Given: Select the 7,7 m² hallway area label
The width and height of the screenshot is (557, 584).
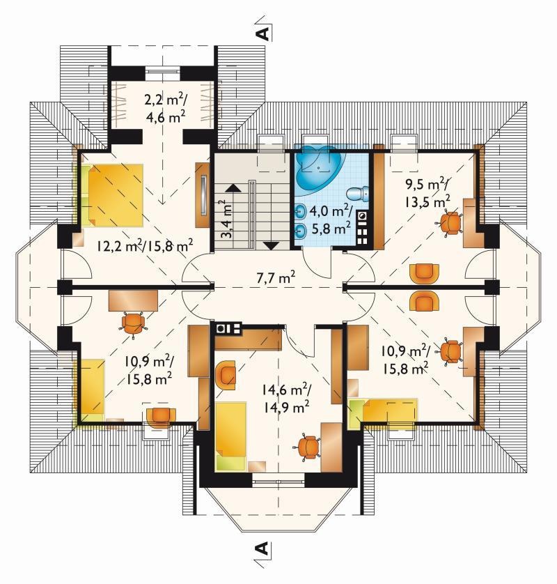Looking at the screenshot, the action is coord(276,277).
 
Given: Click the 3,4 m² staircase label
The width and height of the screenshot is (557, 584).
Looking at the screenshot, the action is coord(226,219).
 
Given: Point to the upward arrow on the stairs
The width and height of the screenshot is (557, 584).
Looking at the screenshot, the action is coord(233,187).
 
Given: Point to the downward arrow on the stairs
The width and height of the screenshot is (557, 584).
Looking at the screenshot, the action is coord(271,245).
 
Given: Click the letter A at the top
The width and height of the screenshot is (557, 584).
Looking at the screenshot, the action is coord(263,33).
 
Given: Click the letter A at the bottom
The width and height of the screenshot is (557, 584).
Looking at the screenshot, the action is coord(262,548).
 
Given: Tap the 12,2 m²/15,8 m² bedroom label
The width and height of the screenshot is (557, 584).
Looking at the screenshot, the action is coord(145,246).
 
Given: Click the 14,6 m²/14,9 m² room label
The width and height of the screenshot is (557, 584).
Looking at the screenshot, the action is coord(285,399).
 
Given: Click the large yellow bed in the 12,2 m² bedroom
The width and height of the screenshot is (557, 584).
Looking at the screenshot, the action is coord(116,195).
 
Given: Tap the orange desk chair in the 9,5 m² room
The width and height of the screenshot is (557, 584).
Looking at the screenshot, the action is coord(449,222).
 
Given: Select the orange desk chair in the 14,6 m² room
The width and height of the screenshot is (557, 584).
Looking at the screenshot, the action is coord(308,447).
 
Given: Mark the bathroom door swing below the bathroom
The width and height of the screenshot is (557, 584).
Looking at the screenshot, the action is coord(317,263).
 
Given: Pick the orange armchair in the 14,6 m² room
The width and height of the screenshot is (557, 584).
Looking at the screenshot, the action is coord(226,375).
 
